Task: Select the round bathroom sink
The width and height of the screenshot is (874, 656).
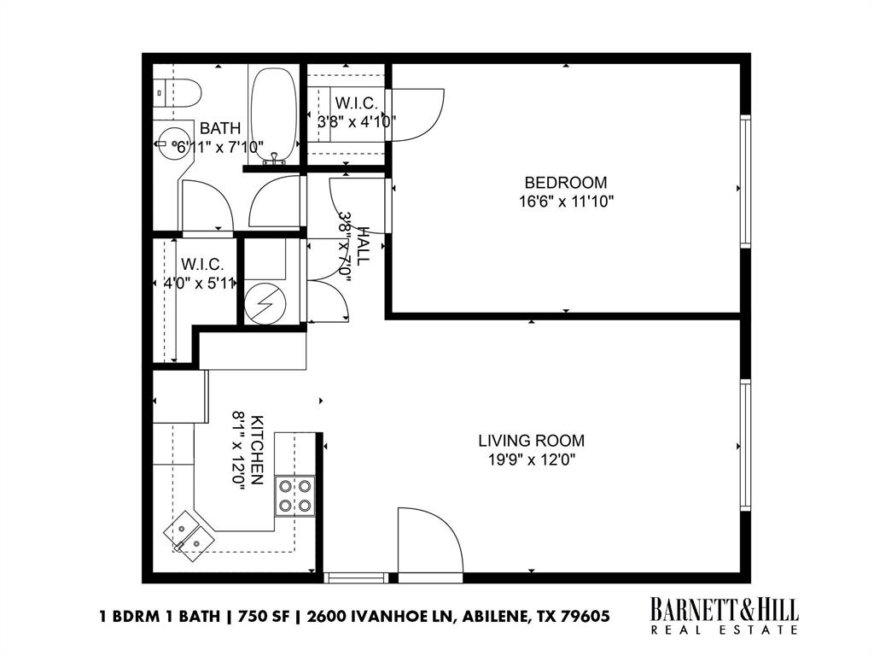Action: (x=169, y=139)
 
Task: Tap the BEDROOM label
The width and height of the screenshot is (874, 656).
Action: (x=565, y=182)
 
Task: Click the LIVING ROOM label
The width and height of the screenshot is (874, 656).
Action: (x=531, y=441)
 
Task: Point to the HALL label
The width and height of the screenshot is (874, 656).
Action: (x=364, y=246)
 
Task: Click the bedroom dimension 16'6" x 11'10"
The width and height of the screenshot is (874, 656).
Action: (x=565, y=202)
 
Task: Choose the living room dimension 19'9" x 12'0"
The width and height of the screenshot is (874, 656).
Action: (x=531, y=460)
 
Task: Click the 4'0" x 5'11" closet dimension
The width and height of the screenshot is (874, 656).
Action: (x=198, y=284)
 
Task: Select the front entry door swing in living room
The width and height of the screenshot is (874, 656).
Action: (x=429, y=543)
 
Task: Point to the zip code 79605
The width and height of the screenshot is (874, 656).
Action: (x=583, y=616)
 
